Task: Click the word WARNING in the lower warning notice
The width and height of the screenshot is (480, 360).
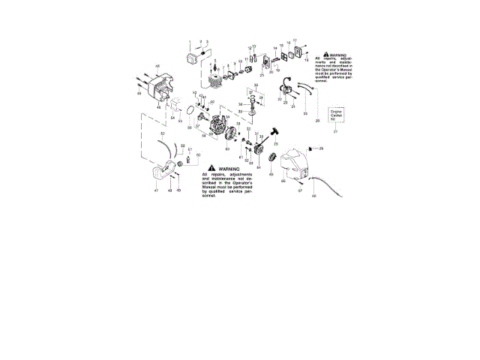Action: [x=229, y=169]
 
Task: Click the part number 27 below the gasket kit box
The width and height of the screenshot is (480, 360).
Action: [x=335, y=131]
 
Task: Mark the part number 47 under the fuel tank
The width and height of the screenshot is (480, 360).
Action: [x=156, y=192]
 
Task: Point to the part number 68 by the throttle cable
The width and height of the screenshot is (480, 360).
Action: [x=313, y=196]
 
